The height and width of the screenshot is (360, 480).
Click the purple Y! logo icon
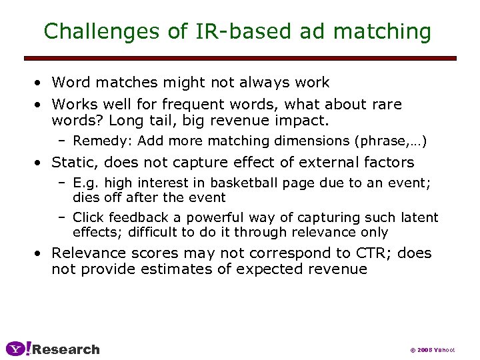tap(18, 349)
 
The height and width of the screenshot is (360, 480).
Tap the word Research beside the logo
tap(66, 349)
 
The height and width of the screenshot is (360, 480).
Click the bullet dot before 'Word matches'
tap(41, 83)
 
